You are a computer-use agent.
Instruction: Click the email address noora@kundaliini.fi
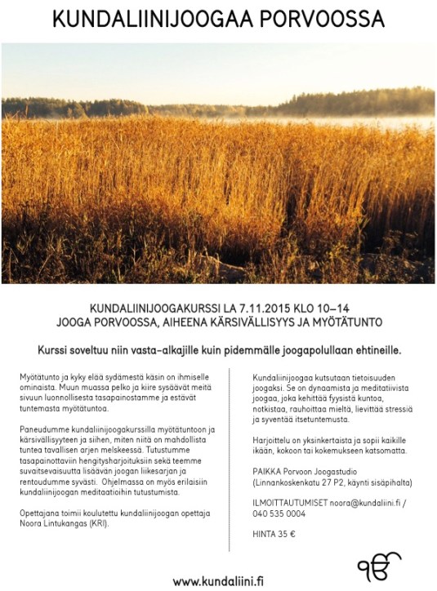click(364, 504)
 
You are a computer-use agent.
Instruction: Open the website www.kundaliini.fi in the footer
click(218, 580)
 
